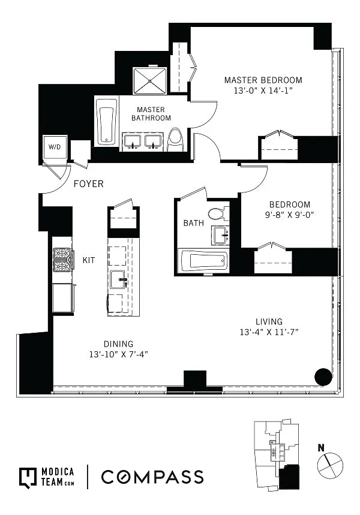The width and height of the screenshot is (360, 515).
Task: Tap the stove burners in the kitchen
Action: click(62, 259)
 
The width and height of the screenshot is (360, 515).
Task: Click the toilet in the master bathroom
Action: click(175, 140)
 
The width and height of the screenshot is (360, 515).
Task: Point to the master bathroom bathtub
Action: click(106, 122)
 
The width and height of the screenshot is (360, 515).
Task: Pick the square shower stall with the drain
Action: click(150, 81)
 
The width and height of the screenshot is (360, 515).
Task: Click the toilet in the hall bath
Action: click(218, 213)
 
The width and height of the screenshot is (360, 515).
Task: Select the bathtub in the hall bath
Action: click(203, 261)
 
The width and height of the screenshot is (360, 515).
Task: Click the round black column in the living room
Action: click(323, 377)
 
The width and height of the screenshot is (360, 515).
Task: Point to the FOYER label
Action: click(88, 184)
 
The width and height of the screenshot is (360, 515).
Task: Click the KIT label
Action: click(89, 260)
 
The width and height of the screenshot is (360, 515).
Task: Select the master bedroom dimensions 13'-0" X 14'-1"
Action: click(263, 91)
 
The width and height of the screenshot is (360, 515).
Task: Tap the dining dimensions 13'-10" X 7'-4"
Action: click(119, 354)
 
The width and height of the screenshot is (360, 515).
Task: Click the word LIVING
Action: click(269, 321)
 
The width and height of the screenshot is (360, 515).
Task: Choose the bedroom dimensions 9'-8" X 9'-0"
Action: click(290, 215)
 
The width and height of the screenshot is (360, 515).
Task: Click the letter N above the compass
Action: click(321, 447)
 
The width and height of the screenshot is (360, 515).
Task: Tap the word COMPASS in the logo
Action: click(152, 477)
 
